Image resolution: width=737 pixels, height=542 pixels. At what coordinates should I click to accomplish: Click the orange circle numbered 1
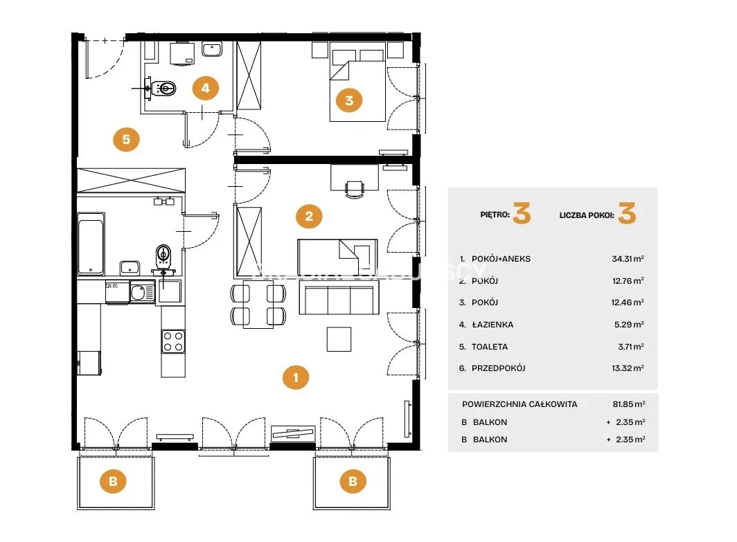click(x=296, y=377)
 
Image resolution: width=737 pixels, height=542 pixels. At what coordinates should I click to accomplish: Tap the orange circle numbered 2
click(x=309, y=216)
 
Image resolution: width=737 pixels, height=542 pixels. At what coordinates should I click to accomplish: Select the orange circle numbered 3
click(x=349, y=100)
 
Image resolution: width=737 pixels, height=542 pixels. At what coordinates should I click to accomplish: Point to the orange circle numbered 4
click(x=206, y=88)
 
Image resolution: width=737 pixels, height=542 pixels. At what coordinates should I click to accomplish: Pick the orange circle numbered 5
click(x=126, y=139)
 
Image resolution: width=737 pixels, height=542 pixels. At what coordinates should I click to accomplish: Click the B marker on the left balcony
click(x=113, y=481)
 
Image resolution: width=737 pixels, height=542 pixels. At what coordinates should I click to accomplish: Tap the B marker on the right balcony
click(x=353, y=481)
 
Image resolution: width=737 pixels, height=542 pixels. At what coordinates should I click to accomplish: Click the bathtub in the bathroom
click(x=91, y=244)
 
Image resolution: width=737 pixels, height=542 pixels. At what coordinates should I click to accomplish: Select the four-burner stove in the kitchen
click(x=173, y=341)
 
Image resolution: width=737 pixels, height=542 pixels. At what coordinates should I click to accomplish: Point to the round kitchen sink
click(x=139, y=292)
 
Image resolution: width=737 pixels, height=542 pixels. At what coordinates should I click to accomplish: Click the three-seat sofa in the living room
click(x=339, y=299)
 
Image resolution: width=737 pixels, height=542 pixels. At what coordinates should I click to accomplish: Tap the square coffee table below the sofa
click(x=339, y=339)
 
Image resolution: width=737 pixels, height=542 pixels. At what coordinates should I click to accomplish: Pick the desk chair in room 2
click(x=355, y=189)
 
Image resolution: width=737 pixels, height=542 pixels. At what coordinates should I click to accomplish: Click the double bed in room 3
click(x=357, y=82)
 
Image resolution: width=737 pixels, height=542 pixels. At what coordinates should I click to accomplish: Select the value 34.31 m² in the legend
click(x=628, y=259)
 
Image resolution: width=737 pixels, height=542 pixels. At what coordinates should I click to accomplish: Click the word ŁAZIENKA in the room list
click(x=492, y=325)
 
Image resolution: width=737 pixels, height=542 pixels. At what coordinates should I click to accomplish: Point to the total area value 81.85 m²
click(x=629, y=404)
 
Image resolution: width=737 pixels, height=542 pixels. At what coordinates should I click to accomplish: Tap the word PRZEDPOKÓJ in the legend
click(x=499, y=368)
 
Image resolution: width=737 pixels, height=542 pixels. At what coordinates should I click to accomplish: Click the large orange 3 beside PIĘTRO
click(x=522, y=213)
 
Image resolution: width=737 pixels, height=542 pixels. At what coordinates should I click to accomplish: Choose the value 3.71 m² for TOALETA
click(x=631, y=347)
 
